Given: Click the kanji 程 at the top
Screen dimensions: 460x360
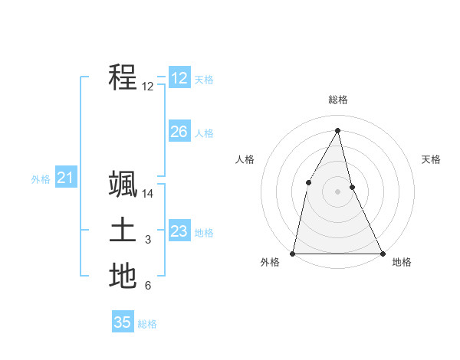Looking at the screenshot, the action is pyautogui.click(x=123, y=77).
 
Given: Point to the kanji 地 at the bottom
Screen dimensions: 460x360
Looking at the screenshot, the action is pyautogui.click(x=123, y=276).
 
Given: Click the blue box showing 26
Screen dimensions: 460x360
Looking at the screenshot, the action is pyautogui.click(x=179, y=132).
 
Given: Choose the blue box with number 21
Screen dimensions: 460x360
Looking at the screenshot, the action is pyautogui.click(x=65, y=178).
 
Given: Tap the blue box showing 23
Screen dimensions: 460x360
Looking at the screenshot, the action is pyautogui.click(x=179, y=231).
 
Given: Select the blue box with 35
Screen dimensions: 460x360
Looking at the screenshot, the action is pyautogui.click(x=122, y=322).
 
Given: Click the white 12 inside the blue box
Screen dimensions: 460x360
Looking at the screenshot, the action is pyautogui.click(x=179, y=78).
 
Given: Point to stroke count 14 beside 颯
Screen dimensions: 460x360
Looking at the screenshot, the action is pyautogui.click(x=148, y=195).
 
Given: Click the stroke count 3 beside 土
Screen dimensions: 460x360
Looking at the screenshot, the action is pyautogui.click(x=148, y=241).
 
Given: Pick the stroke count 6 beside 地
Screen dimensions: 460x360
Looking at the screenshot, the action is pyautogui.click(x=148, y=286).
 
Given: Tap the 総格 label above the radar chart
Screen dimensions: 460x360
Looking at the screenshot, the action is pyautogui.click(x=337, y=100).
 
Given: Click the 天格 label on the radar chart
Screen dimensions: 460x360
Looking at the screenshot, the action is pyautogui.click(x=431, y=159).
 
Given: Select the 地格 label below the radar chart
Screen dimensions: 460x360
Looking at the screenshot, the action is pyautogui.click(x=402, y=263).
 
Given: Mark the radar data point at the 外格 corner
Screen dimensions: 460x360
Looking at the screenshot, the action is pyautogui.click(x=293, y=253).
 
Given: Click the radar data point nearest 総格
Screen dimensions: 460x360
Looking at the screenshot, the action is pyautogui.click(x=337, y=130).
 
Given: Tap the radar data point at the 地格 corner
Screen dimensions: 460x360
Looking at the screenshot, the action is pyautogui.click(x=382, y=253).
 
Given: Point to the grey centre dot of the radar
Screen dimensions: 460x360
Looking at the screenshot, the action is pyautogui.click(x=337, y=191).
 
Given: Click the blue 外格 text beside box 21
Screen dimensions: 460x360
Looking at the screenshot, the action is pyautogui.click(x=41, y=179).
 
